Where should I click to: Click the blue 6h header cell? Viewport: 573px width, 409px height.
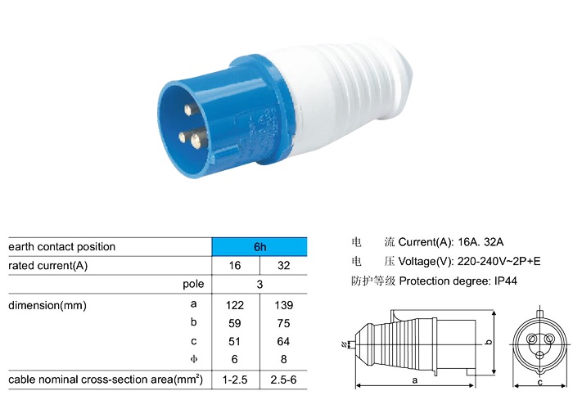coord(259,246)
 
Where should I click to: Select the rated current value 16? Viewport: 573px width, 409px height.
coord(236,266)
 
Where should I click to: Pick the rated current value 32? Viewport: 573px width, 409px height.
coord(283,266)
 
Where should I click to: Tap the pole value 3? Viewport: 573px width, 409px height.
coord(259,285)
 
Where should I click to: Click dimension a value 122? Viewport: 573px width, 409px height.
coord(236,304)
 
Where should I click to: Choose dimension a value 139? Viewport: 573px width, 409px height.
coord(283,304)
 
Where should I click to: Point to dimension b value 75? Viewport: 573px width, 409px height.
coord(283,323)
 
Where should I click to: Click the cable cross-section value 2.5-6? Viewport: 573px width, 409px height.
coord(283,380)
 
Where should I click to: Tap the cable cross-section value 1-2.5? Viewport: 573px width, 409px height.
coord(236,380)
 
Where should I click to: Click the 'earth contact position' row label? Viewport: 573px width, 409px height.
coord(62,246)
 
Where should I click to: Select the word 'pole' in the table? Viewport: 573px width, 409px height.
coord(193,285)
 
